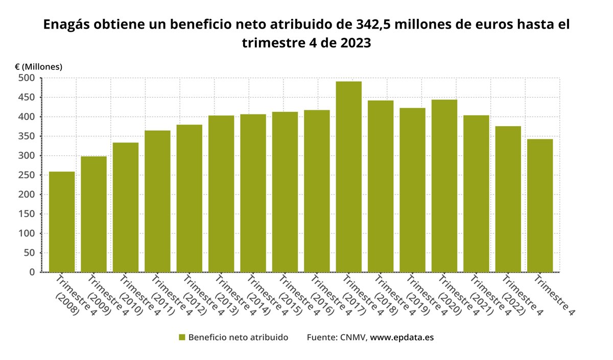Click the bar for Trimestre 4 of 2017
(348, 176)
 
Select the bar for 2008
(62, 222)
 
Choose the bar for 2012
(190, 198)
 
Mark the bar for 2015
(285, 191)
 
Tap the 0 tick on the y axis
(32, 272)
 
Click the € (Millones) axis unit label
(38, 67)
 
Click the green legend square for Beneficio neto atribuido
(182, 338)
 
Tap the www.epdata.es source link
(402, 338)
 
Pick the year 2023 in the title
(352, 43)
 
